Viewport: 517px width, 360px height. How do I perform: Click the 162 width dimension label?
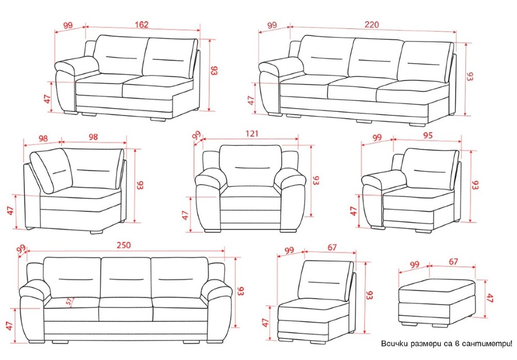tap(142, 24)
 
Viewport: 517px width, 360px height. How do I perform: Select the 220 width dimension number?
tap(372, 24)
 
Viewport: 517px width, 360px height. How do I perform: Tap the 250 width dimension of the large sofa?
tap(124, 245)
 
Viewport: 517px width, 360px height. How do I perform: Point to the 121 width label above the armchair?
tap(252, 133)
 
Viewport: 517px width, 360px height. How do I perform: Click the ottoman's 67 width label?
tap(453, 261)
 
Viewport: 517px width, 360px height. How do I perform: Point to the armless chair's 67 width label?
tap(332, 247)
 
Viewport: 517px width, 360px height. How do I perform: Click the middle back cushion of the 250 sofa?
tap(126, 278)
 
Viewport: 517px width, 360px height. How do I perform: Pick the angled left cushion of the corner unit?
tap(51, 171)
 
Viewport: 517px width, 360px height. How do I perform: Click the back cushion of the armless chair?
tap(325, 280)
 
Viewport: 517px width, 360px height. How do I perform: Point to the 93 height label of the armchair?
tap(316, 180)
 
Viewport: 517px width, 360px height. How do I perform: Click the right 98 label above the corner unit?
tap(93, 137)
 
